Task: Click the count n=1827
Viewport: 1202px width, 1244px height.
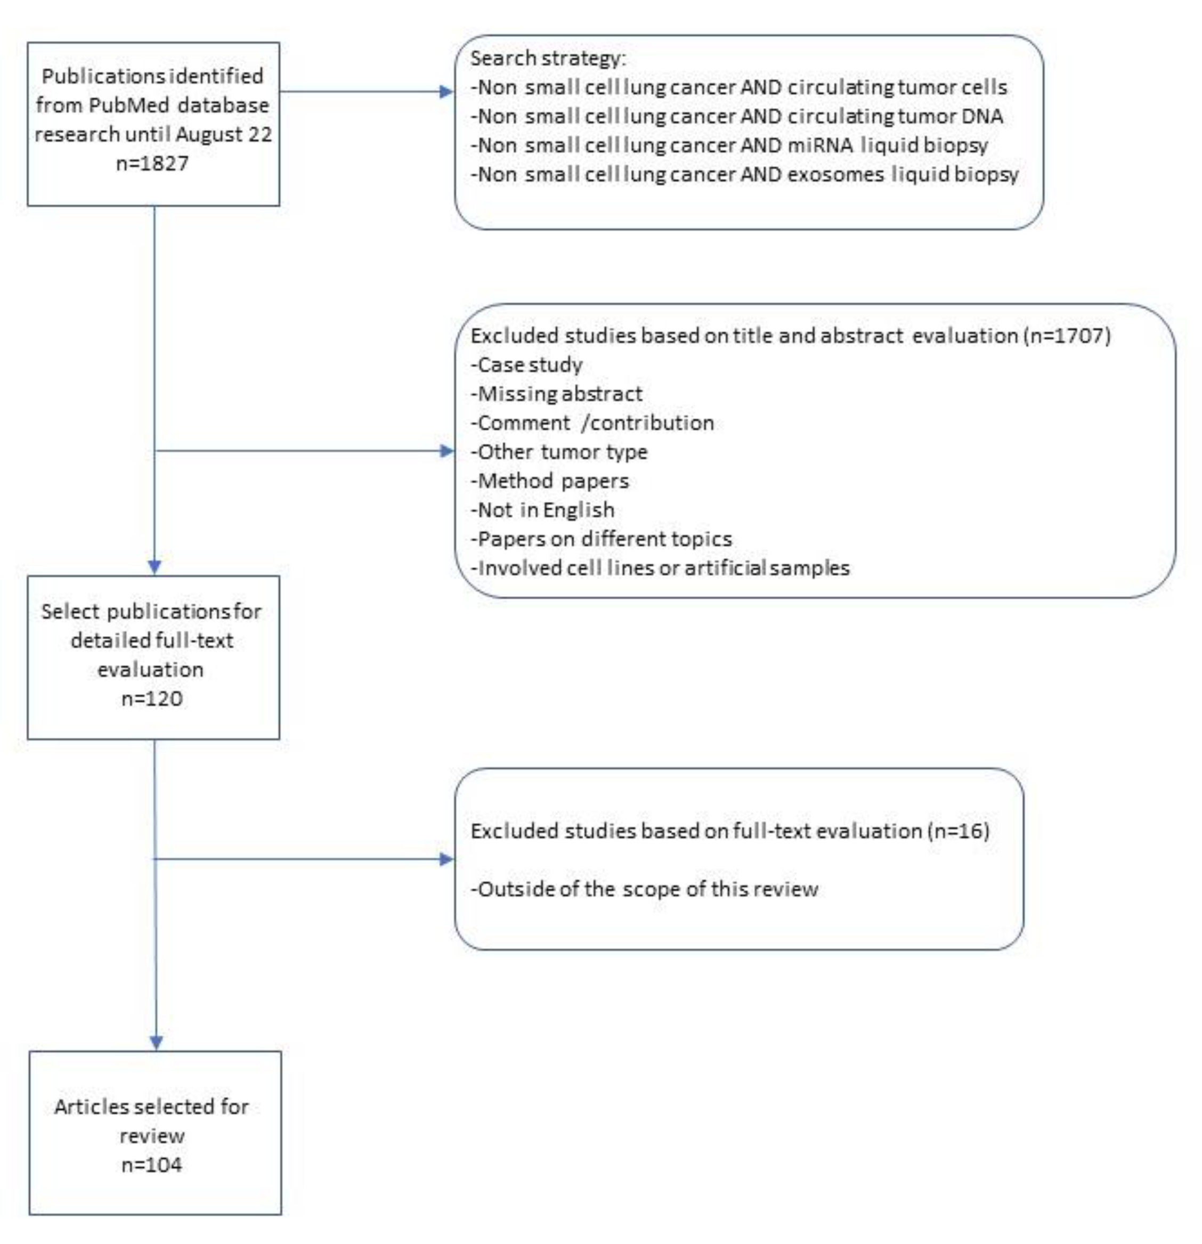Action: coord(152,164)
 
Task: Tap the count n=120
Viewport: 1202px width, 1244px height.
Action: coord(152,699)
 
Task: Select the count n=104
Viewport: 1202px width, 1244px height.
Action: coord(152,1165)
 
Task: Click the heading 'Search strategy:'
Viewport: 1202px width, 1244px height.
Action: coord(548,59)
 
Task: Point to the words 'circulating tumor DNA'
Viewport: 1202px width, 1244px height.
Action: coord(895,116)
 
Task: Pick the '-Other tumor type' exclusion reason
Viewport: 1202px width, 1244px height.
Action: coord(558,452)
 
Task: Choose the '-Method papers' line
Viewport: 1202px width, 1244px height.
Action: coord(550,481)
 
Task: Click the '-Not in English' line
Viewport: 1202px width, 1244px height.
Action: coord(542,510)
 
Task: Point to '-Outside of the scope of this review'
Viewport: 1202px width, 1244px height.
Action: coord(644,889)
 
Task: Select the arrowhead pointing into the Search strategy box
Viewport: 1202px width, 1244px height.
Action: coord(448,92)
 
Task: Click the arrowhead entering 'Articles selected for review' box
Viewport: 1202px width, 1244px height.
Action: coord(156,1043)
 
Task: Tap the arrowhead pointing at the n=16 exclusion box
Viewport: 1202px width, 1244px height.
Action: coord(448,860)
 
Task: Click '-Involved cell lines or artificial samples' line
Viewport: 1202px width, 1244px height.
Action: coord(660,568)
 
